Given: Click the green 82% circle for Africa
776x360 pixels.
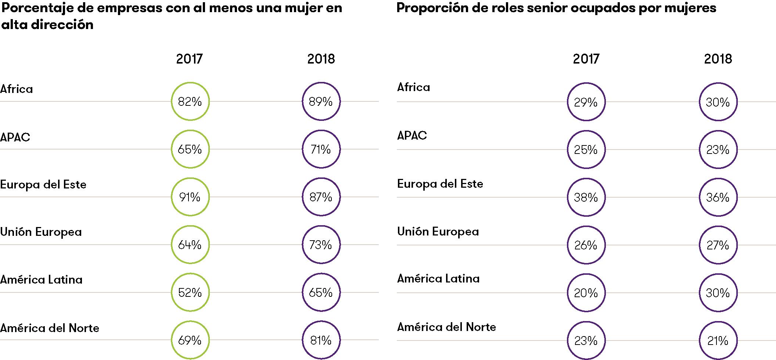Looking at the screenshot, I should (x=190, y=101).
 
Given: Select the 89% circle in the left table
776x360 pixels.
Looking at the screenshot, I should (x=321, y=101).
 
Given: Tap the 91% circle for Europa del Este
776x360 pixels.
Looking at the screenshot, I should (x=190, y=197).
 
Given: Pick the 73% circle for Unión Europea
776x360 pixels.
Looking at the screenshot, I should (x=321, y=245).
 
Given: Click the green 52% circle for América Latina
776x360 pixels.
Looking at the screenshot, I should (x=190, y=292).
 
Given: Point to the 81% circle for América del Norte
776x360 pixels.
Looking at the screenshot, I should (x=321, y=340).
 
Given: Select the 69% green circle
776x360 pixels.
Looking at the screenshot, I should (x=190, y=340).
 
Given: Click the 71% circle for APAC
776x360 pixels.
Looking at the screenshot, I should (x=321, y=149).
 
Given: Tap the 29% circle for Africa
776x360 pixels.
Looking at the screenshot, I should (x=586, y=102).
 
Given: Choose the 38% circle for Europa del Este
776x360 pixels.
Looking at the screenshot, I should (x=586, y=197).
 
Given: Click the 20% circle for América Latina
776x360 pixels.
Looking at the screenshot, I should (x=586, y=293).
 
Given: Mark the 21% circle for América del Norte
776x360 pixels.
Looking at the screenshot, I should (x=718, y=341).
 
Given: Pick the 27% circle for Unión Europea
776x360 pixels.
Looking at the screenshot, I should (x=718, y=245).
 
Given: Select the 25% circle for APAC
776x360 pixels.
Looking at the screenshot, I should (x=586, y=150).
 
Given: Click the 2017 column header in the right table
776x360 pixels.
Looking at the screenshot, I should (x=586, y=59).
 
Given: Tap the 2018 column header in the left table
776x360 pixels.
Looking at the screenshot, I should (x=321, y=59).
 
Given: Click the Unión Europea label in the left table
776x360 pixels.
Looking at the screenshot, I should (x=41, y=232).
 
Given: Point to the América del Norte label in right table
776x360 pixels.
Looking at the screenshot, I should (x=446, y=327).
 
